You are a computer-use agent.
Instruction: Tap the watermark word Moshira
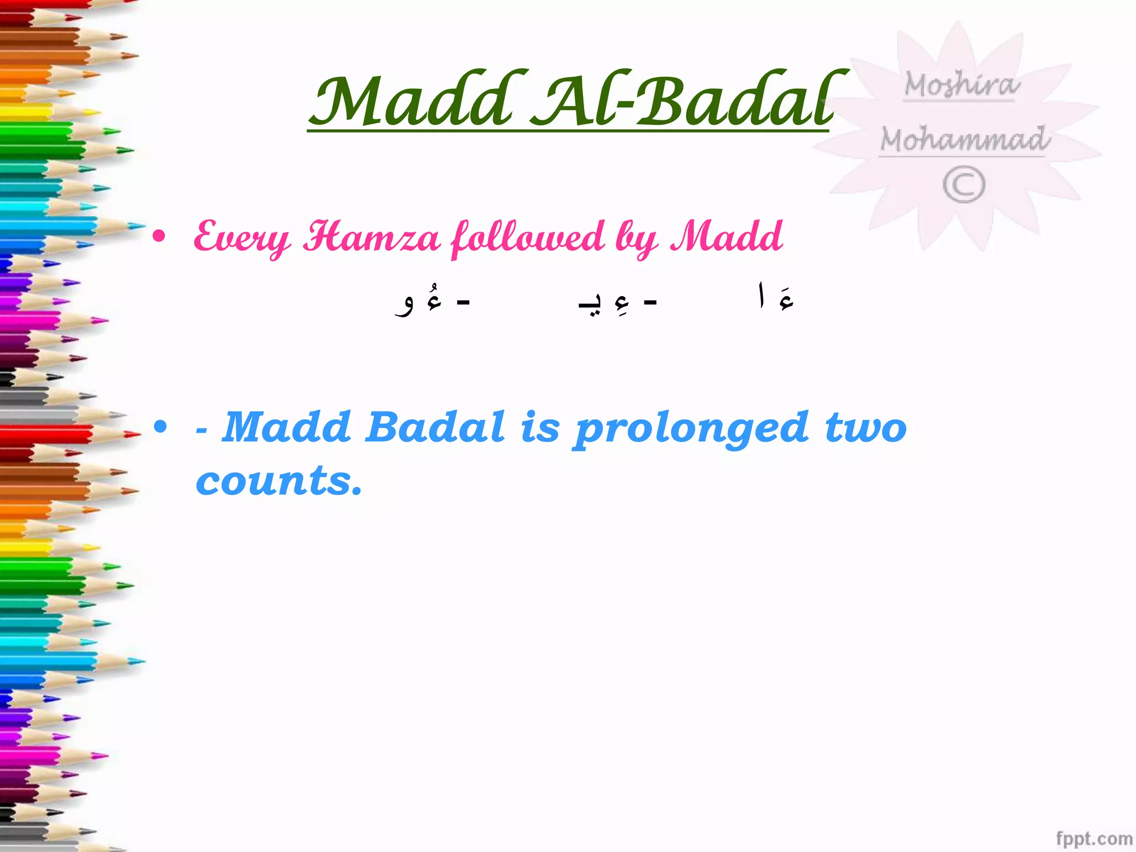point(961,85)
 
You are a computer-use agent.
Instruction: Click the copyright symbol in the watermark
point(964,185)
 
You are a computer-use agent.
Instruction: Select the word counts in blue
point(278,480)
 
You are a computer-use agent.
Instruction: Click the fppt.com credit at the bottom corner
point(1093,838)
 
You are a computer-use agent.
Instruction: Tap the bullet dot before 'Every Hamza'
point(159,237)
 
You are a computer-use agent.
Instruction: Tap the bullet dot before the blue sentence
point(160,427)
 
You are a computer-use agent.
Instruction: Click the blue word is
point(539,427)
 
